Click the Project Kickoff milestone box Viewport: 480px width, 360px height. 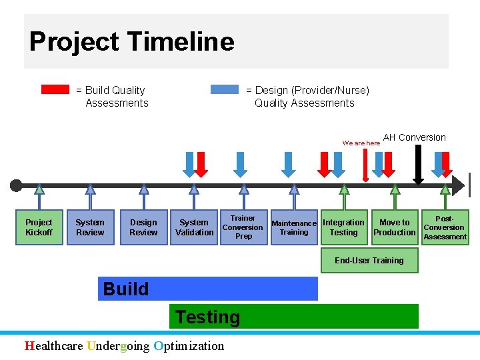point(39,227)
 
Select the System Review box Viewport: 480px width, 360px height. point(90,227)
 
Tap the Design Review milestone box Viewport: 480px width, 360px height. point(143,227)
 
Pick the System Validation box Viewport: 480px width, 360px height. point(194,227)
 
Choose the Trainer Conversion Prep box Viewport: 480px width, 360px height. point(243,227)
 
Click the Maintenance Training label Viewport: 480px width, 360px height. point(294,228)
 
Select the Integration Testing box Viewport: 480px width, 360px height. point(343,227)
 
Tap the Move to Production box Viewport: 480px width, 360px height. point(395,227)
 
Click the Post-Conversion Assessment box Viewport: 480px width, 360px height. point(445,227)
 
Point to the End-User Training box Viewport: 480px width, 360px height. point(369,261)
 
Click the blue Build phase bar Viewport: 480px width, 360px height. point(208,289)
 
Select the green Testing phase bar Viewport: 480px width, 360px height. point(295,317)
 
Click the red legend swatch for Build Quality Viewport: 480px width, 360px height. point(55,89)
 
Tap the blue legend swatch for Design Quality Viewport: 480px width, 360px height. point(225,89)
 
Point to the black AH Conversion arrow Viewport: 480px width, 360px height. point(418,164)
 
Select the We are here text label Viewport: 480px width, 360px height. point(361,143)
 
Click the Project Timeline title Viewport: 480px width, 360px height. point(132,41)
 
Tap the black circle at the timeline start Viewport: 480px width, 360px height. point(16,185)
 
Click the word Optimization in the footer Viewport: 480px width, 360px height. point(189,345)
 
